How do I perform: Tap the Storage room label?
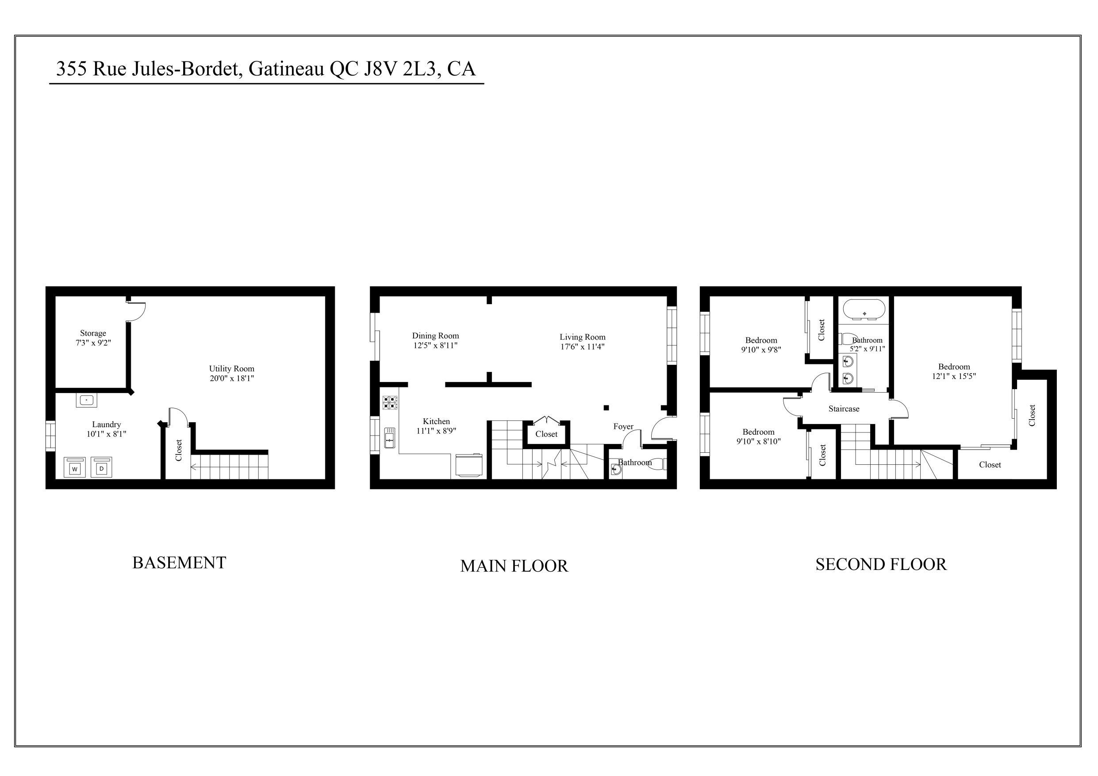click(93, 333)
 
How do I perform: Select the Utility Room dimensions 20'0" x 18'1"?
click(231, 378)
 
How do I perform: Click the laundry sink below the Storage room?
click(86, 400)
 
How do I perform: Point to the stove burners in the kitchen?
click(390, 402)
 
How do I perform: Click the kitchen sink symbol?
click(390, 438)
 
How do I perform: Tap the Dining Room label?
click(435, 336)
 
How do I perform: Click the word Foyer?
click(623, 427)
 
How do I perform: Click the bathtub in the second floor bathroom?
click(864, 310)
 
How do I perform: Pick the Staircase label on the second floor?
click(844, 409)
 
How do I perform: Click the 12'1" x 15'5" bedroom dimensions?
click(954, 376)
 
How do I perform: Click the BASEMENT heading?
click(179, 563)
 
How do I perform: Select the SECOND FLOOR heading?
click(881, 564)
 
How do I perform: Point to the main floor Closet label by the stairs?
click(546, 434)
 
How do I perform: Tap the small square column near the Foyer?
click(606, 408)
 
